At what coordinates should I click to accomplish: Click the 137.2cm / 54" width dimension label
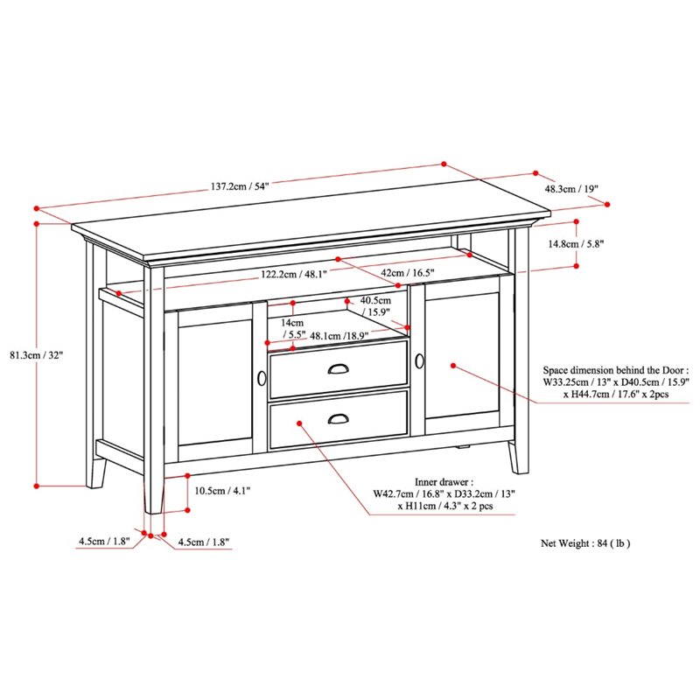coord(240,186)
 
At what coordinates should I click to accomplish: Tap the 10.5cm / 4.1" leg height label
coord(222,491)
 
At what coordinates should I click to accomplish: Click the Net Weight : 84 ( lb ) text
coord(584,543)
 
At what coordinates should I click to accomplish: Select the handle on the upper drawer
coord(339,368)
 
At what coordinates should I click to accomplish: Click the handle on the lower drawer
coord(339,419)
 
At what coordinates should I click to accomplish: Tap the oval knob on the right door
coord(419,360)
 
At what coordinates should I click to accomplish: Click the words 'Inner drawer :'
coord(444,481)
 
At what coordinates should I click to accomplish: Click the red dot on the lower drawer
coord(299,423)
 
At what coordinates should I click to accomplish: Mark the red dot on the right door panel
coord(452,366)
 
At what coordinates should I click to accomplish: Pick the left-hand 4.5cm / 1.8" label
coord(104,542)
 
